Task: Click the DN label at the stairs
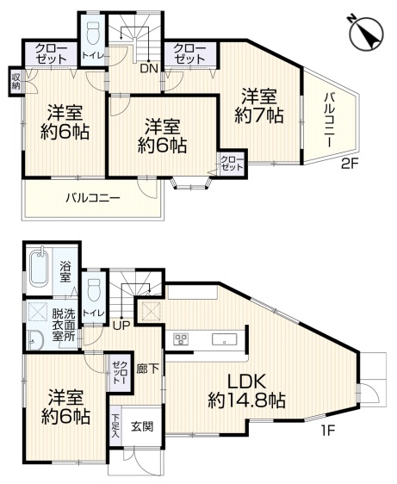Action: (x=148, y=69)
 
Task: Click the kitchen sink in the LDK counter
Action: (x=225, y=338)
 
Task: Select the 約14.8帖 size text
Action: (x=247, y=400)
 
